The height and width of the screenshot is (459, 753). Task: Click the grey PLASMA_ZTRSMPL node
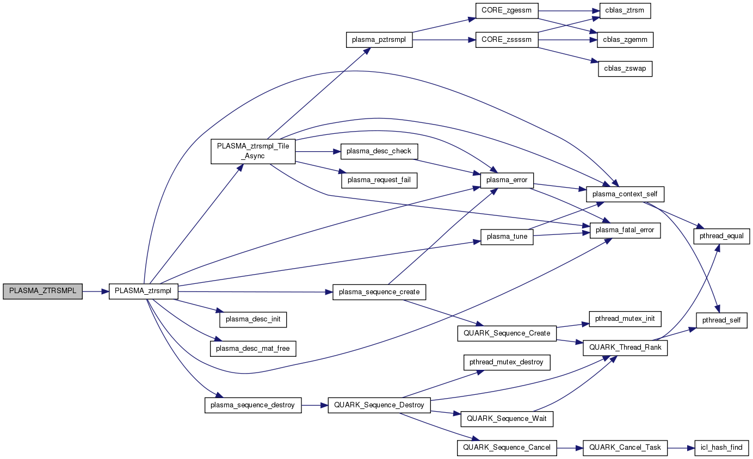tap(42, 291)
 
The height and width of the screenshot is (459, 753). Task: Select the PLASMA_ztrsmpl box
tap(144, 291)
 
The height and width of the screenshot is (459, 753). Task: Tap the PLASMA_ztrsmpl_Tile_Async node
tap(253, 151)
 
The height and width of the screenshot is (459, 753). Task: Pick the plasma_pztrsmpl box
tap(379, 40)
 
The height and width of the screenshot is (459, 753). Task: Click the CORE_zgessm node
tap(507, 10)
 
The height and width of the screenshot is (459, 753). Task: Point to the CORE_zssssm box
tap(507, 40)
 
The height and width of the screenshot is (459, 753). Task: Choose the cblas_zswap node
tap(625, 69)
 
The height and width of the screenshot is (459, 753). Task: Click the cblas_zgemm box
tap(625, 40)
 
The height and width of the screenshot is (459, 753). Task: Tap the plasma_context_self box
tap(625, 194)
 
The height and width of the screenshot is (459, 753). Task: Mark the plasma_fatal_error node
tap(625, 231)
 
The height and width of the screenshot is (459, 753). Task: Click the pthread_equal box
tap(721, 236)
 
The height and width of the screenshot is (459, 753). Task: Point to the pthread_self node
tap(721, 320)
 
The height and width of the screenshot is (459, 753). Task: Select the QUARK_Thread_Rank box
tap(625, 348)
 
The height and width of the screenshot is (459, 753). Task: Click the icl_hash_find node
tap(721, 448)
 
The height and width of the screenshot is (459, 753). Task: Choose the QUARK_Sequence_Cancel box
tap(507, 448)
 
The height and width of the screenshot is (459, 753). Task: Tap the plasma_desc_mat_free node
tap(253, 348)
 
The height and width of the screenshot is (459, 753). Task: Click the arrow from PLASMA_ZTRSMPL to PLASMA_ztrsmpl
tap(96, 291)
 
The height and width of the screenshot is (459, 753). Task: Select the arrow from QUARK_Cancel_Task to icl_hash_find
tap(681, 448)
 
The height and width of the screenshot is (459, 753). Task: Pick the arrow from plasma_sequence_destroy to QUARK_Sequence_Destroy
tap(314, 405)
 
